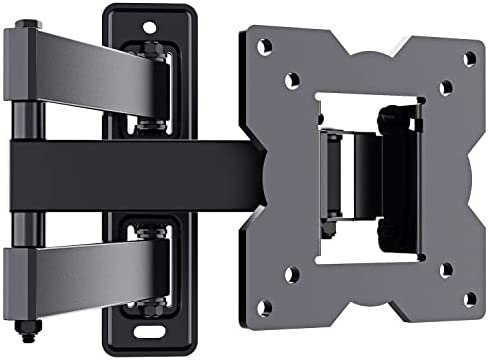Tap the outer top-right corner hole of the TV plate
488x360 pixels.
coord(470,59)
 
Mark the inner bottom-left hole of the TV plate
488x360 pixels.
coord(290,273)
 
